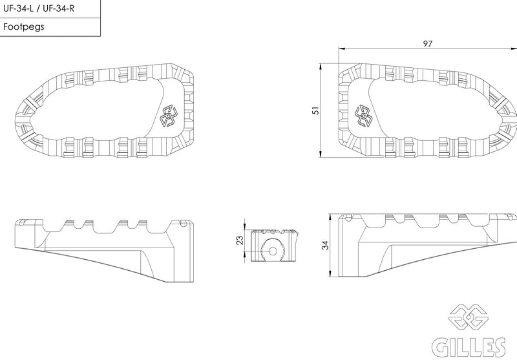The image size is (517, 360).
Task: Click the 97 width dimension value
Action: [x=427, y=43]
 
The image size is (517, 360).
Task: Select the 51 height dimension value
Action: [x=315, y=110]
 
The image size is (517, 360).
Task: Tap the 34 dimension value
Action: [x=325, y=245]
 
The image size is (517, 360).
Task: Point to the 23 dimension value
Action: [x=240, y=240]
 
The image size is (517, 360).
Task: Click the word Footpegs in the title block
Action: [x=24, y=26]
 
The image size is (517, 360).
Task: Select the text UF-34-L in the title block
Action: [x=19, y=8]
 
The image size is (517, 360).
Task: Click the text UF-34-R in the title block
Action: [x=59, y=8]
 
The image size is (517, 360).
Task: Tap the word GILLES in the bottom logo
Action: [x=469, y=347]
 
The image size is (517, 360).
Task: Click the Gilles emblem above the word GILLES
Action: [x=468, y=317]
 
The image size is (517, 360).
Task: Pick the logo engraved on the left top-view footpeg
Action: [x=169, y=116]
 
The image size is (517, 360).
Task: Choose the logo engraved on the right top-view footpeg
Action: [x=364, y=116]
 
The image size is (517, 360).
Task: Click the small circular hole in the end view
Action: [x=273, y=251]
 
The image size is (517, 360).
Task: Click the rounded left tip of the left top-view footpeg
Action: [x=16, y=119]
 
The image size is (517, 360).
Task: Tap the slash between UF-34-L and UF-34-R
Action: [x=39, y=8]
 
